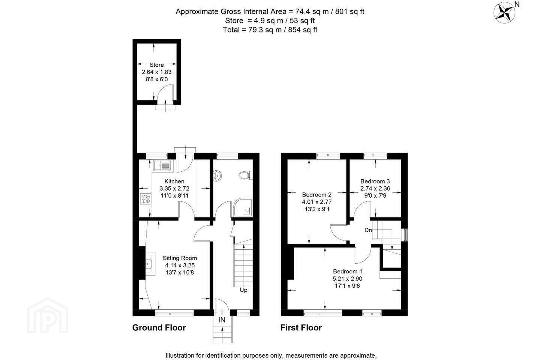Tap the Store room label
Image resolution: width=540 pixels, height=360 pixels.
point(156,65)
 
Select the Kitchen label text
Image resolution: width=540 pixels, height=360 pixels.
point(174,181)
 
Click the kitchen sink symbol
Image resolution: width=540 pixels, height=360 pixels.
point(162,166)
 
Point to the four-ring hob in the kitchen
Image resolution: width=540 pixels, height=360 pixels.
point(145,199)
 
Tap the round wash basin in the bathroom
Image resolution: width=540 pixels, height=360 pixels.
point(217,175)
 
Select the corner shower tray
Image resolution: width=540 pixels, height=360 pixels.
point(243,208)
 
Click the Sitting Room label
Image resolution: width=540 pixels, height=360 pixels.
point(180,258)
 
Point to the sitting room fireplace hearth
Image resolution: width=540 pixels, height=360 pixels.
point(150,264)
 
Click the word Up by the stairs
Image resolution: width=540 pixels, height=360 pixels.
point(243,290)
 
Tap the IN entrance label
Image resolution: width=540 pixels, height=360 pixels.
point(222,320)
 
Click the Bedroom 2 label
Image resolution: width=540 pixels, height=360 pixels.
point(317,195)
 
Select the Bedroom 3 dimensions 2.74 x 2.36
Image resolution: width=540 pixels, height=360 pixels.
point(375,188)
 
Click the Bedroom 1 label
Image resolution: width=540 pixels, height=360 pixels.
point(347,271)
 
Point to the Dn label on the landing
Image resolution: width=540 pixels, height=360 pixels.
point(368,230)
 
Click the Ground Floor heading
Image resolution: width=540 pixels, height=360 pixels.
point(159,328)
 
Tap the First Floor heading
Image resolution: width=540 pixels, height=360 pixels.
point(301,328)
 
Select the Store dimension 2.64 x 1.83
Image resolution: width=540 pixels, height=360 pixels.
point(157,72)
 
